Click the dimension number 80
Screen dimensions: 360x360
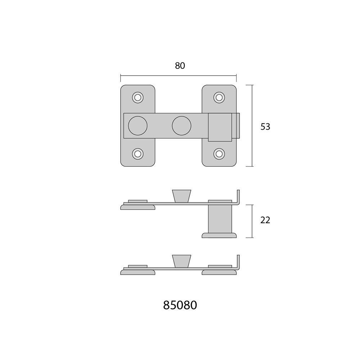[180, 66]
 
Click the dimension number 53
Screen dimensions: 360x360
[265, 127]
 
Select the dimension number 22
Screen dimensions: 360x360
[265, 220]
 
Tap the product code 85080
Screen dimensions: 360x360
[180, 305]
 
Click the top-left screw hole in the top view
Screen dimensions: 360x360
[137, 97]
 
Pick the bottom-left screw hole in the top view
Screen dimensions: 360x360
[137, 154]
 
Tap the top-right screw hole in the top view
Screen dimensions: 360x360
[219, 97]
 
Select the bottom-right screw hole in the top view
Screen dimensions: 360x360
[219, 154]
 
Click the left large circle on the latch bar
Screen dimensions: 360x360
[138, 126]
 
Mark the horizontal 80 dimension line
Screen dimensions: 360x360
[178, 76]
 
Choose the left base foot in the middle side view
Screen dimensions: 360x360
[138, 207]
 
